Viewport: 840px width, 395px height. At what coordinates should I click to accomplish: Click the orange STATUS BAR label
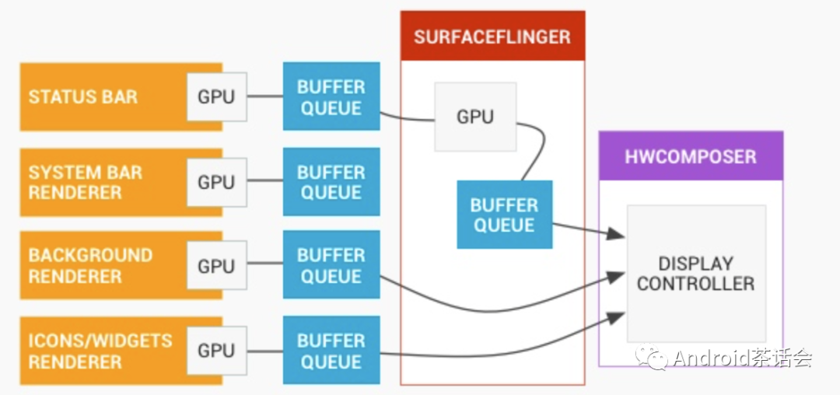click(83, 97)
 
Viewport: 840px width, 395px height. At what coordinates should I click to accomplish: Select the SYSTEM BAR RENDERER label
click(86, 182)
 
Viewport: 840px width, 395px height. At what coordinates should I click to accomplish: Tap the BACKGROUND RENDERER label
click(90, 266)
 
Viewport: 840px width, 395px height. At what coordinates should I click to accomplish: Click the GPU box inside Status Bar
click(216, 97)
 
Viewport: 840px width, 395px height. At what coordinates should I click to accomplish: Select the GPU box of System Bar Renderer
click(216, 182)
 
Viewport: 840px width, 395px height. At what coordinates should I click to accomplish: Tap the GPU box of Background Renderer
click(216, 266)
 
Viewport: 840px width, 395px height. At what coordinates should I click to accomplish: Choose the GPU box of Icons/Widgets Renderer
click(216, 351)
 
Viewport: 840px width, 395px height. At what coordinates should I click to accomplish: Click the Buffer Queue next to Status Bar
click(331, 97)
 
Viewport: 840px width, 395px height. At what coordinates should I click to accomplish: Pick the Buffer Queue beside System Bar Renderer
click(331, 182)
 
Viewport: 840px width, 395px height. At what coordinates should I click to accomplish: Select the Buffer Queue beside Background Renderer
click(331, 266)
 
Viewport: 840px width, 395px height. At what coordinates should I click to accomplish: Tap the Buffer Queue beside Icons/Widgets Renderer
click(331, 351)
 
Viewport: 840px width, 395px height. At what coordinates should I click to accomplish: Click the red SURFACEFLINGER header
click(492, 37)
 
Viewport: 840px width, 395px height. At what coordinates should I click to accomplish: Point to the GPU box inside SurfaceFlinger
click(474, 117)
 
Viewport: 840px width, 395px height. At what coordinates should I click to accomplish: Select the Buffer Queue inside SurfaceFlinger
click(504, 215)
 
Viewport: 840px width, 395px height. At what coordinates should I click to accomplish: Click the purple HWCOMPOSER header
click(691, 156)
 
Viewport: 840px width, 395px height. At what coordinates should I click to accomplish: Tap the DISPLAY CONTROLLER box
click(696, 274)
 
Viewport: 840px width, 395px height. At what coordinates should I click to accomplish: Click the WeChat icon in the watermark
click(652, 358)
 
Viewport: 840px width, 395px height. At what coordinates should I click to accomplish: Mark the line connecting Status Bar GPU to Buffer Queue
click(264, 97)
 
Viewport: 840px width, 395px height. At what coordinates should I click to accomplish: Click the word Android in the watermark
click(709, 358)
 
